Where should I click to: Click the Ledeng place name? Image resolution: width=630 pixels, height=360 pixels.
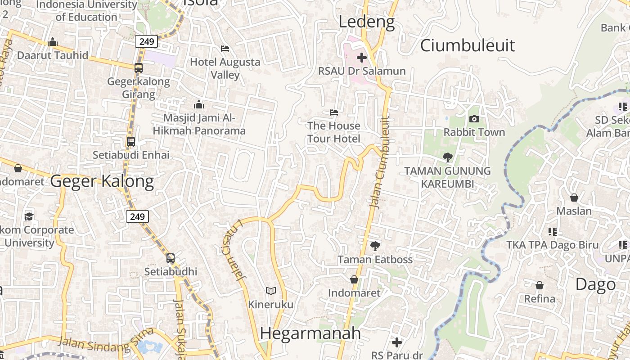pos(366,22)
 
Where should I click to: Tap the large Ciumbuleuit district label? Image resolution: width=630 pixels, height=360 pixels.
pos(467,45)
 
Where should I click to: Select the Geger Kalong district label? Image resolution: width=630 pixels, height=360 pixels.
pos(102,181)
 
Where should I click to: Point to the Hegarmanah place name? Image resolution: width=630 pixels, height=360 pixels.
pos(310,333)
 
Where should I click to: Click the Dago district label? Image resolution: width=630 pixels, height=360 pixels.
pos(596,284)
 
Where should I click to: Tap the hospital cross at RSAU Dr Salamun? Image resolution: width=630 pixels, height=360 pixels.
pos(362,58)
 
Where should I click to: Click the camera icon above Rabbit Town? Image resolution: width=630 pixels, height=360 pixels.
pos(474,119)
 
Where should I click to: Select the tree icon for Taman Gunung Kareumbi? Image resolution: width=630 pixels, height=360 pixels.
pos(447,157)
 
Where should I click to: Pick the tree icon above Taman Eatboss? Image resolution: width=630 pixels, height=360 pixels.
pos(375,246)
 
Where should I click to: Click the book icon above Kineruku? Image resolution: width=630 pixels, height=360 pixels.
pos(270,291)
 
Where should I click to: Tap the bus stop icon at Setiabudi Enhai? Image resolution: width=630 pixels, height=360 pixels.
pos(131,141)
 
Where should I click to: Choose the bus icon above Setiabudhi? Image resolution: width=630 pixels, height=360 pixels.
pos(170,258)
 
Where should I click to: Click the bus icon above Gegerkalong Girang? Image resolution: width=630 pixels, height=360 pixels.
pos(139,68)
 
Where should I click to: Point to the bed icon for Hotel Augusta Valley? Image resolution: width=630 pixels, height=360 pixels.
pos(225,48)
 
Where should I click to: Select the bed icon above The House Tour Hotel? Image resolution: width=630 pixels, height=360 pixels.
pos(333,112)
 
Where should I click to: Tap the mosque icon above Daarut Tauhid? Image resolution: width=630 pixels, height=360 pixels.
pos(53,42)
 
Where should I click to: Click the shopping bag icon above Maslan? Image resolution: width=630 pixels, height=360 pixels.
pos(574,198)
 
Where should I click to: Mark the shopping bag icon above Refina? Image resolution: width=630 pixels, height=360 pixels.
pos(540,285)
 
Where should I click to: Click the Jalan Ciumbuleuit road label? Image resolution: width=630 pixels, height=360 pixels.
pos(379,162)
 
